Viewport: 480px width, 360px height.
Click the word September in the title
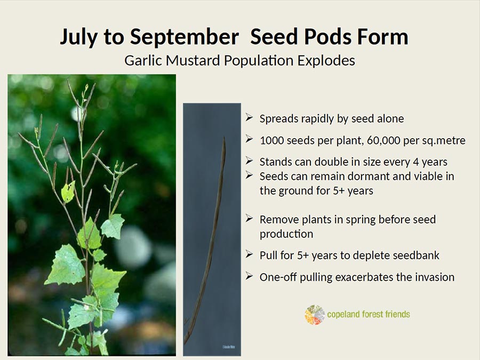(x=185, y=37)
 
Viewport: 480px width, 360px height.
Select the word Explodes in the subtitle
(x=326, y=61)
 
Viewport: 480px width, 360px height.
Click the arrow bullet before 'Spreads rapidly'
(x=249, y=117)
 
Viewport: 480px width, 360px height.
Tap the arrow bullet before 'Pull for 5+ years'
(x=249, y=254)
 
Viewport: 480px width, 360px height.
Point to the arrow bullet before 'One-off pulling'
(x=249, y=276)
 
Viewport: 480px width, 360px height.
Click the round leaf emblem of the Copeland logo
(x=315, y=314)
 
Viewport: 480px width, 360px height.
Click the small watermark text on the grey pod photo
(x=228, y=347)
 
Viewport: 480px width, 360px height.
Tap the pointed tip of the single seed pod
(x=224, y=138)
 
